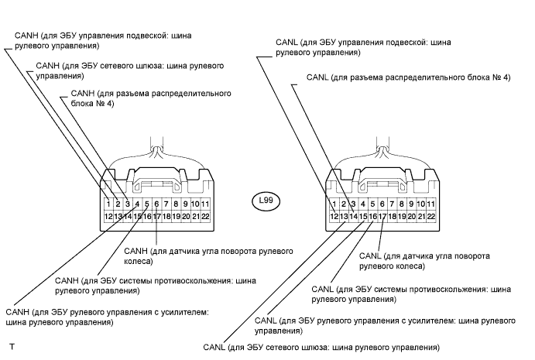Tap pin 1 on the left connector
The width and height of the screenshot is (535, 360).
click(x=108, y=204)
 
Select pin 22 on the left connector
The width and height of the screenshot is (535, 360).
click(x=205, y=217)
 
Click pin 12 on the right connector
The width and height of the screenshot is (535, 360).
click(x=334, y=217)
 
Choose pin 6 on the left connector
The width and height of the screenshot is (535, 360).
click(x=156, y=204)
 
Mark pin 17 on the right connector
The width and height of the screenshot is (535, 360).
click(x=382, y=217)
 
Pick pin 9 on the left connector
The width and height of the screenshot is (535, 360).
click(x=186, y=204)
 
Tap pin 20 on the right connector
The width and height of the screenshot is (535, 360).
click(x=412, y=217)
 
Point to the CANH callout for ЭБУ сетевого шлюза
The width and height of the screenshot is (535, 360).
click(x=124, y=71)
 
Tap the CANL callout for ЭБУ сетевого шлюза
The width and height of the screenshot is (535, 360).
click(x=321, y=347)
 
